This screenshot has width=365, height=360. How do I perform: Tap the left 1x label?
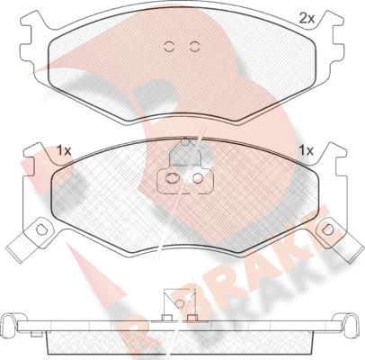64,149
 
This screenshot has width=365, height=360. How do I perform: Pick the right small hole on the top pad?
192,48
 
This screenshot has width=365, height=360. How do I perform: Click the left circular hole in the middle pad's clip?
169,179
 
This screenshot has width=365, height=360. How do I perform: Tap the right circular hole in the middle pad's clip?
198,179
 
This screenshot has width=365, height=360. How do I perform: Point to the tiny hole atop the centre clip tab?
184,141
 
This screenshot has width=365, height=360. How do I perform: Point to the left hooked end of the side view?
11,322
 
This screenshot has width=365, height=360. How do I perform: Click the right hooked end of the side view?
353,322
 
